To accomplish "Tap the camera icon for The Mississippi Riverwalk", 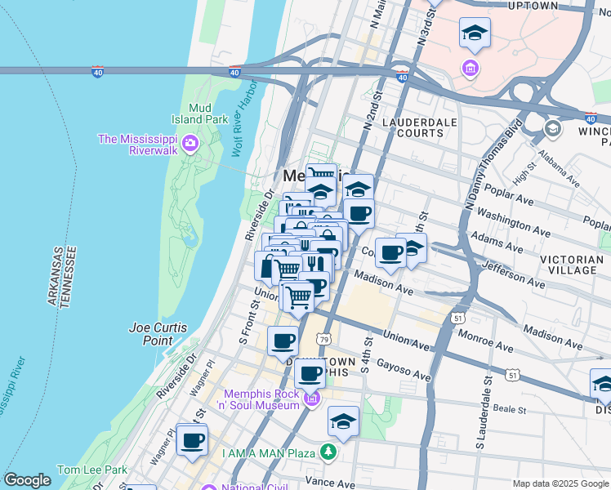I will (190, 145).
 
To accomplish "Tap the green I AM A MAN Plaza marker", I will (328, 451).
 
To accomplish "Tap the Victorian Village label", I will (572, 265).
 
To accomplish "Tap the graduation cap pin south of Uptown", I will (475, 34).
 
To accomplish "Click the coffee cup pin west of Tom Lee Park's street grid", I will (192, 441).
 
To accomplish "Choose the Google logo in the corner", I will (27, 480).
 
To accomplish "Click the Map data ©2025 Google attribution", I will (560, 483).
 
